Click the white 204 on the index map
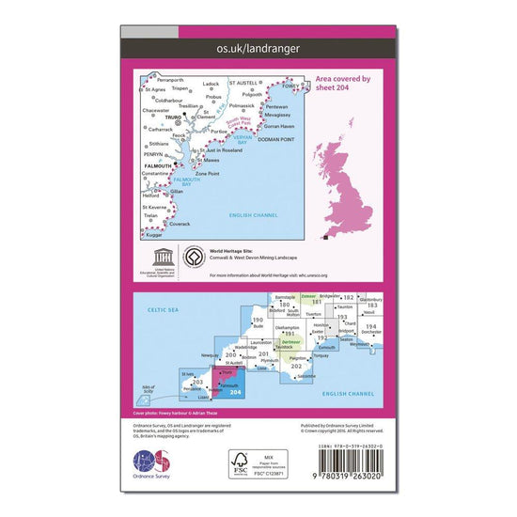pos(235,392)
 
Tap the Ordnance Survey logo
pos(156,465)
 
